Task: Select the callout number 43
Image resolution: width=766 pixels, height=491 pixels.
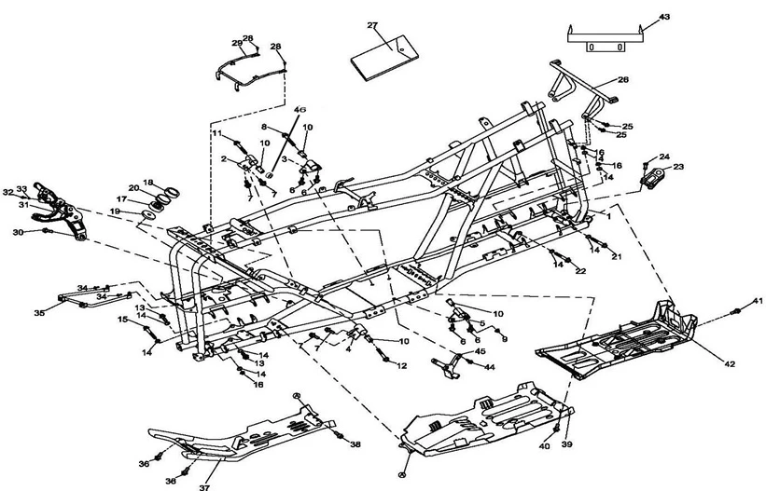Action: pyautogui.click(x=664, y=18)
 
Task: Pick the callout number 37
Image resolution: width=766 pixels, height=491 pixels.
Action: pyautogui.click(x=203, y=485)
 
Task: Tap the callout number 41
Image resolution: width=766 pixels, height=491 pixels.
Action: pyautogui.click(x=759, y=300)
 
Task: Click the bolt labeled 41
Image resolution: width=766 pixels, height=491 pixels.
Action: pyautogui.click(x=737, y=310)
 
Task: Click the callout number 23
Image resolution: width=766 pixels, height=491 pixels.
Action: pyautogui.click(x=678, y=167)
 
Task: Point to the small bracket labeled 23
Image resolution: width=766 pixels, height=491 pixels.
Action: pyautogui.click(x=650, y=175)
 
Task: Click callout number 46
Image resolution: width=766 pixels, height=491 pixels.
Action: pyautogui.click(x=300, y=110)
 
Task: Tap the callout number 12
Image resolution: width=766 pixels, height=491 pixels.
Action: pyautogui.click(x=401, y=367)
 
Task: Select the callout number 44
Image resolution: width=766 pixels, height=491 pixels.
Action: pyautogui.click(x=490, y=367)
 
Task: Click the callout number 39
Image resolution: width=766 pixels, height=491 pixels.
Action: pyautogui.click(x=567, y=445)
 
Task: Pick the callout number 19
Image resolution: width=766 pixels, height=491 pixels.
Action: pyautogui.click(x=115, y=212)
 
